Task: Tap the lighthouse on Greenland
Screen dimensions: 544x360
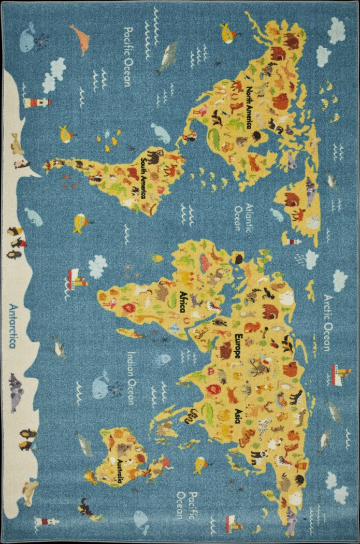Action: (293, 240)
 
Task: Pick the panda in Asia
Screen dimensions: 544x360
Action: (258, 456)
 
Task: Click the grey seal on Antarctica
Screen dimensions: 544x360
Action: (16, 386)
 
